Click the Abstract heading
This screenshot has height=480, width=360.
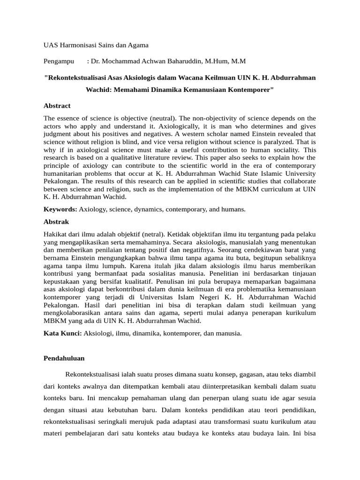(57, 106)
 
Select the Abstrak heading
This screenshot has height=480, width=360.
(56, 222)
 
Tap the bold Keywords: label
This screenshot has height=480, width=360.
(60, 209)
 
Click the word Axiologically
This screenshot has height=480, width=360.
(135, 127)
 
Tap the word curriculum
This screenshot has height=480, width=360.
(265, 188)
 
